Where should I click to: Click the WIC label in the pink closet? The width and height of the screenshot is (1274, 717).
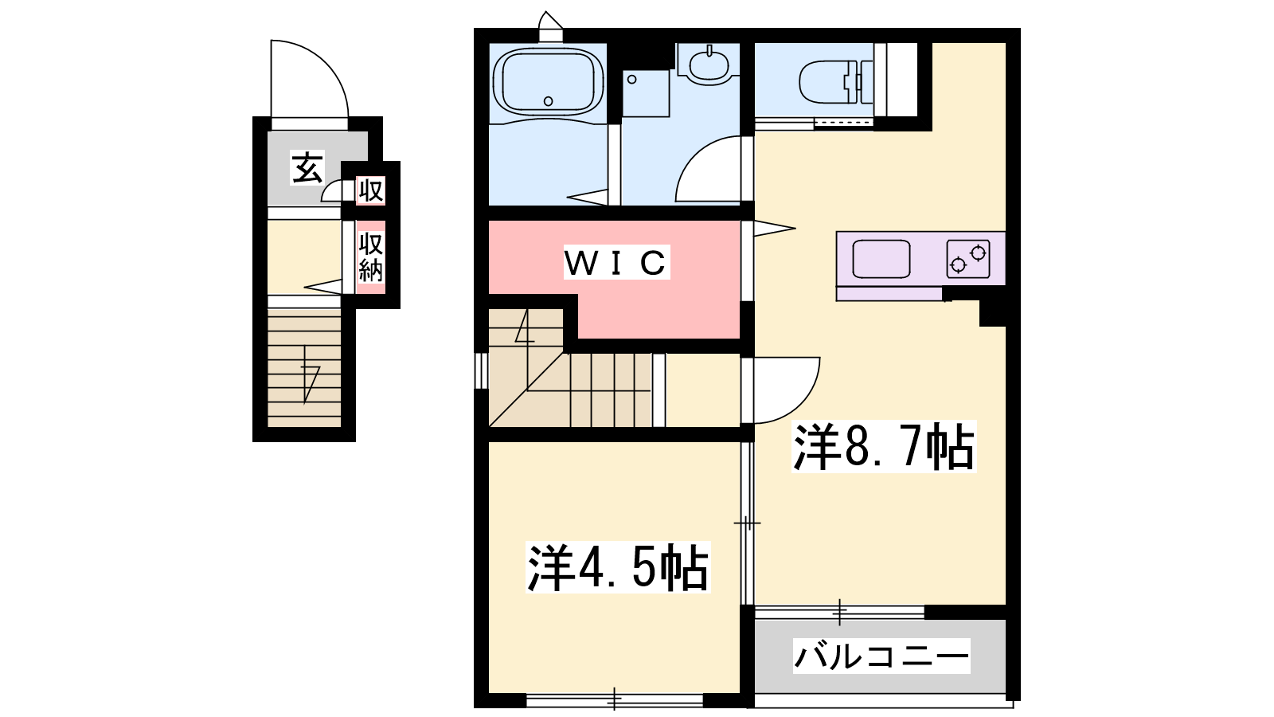tap(616, 262)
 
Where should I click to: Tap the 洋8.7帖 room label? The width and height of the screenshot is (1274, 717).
tap(884, 447)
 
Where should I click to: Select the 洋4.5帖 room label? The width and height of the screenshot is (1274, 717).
tap(618, 567)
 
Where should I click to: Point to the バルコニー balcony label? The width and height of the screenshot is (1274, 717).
tap(881, 656)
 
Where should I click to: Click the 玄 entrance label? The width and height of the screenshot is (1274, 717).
tap(307, 168)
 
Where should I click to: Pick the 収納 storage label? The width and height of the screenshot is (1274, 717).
tap(371, 257)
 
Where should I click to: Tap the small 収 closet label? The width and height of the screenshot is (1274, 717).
tap(371, 190)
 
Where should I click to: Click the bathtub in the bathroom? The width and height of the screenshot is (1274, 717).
tap(548, 84)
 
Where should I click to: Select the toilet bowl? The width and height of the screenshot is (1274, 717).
tap(836, 83)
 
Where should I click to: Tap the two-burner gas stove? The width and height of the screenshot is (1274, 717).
tap(968, 259)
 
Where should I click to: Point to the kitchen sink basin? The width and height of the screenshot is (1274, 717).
tap(881, 259)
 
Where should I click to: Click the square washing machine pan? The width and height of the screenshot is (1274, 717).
tap(646, 93)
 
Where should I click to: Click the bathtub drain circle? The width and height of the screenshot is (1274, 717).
tap(549, 101)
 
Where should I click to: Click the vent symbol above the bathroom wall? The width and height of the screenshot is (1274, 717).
tap(550, 26)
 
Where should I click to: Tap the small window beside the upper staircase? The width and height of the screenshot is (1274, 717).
tap(481, 370)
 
